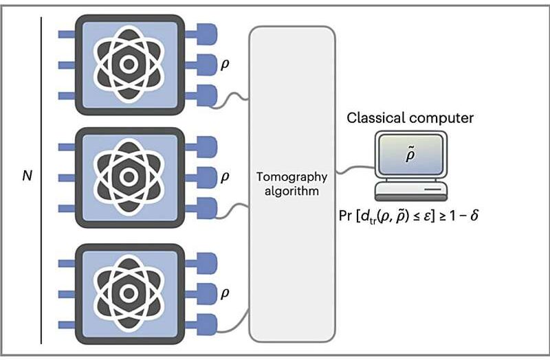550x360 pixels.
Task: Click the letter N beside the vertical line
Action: tap(27, 176)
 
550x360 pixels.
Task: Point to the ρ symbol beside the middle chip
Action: tap(224, 177)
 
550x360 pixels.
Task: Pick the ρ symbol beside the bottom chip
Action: tap(224, 292)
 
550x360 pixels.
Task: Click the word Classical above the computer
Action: tap(377, 118)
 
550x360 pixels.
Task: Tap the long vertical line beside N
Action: tap(42, 179)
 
